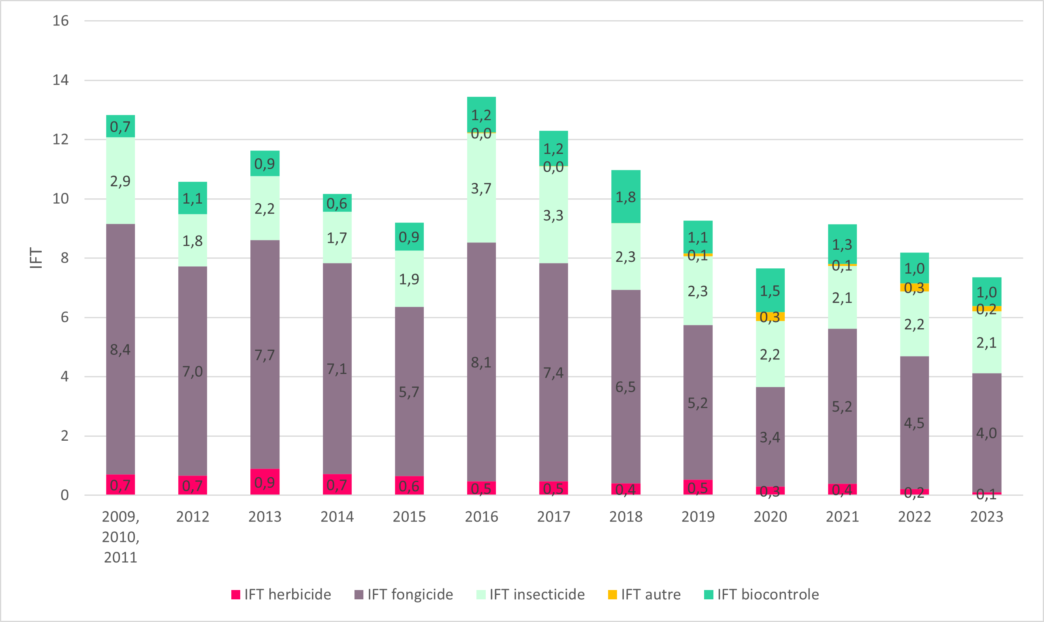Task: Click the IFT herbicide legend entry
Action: [281, 594]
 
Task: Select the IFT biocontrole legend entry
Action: [761, 594]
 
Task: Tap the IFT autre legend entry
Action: [644, 594]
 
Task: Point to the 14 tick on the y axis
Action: [60, 80]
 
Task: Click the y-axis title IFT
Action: [36, 258]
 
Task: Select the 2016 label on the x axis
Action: [481, 517]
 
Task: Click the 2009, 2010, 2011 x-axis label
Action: [120, 537]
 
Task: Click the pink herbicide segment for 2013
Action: [265, 482]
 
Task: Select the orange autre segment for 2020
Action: [770, 316]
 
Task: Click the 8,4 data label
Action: [120, 350]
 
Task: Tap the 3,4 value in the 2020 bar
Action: [770, 437]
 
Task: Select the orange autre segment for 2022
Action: [914, 287]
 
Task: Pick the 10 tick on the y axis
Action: [60, 199]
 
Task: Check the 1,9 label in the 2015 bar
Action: [409, 279]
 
